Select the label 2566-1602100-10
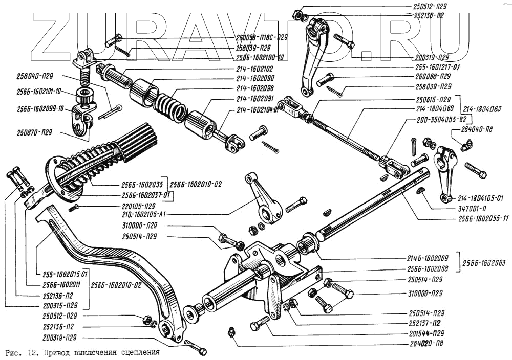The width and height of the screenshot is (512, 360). (260, 57)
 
